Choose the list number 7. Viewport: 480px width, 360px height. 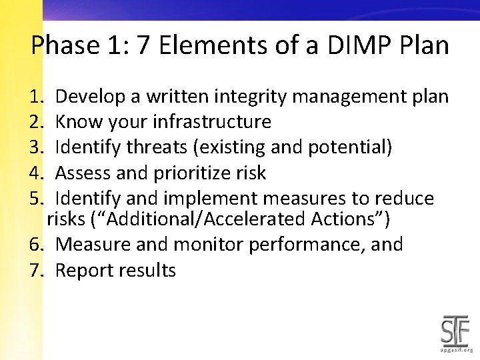[36, 271]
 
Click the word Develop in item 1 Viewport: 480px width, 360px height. [92, 97]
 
